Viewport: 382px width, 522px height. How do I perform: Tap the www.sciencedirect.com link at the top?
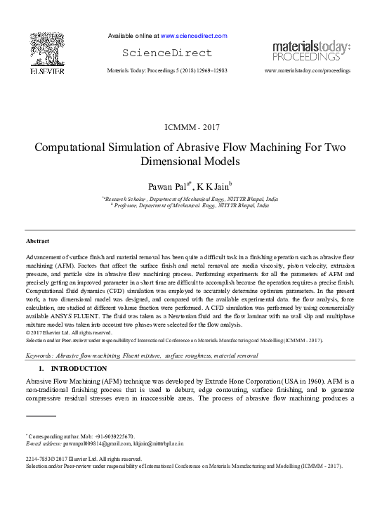click(x=194, y=35)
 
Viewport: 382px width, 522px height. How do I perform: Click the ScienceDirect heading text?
click(x=166, y=53)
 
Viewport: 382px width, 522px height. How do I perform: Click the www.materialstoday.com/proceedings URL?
click(x=307, y=72)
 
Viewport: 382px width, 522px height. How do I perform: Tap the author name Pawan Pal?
click(x=166, y=186)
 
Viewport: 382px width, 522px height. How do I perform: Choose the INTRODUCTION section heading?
click(x=79, y=368)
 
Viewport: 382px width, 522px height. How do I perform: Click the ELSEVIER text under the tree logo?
click(x=47, y=72)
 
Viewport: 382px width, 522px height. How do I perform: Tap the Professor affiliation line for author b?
click(x=191, y=207)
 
